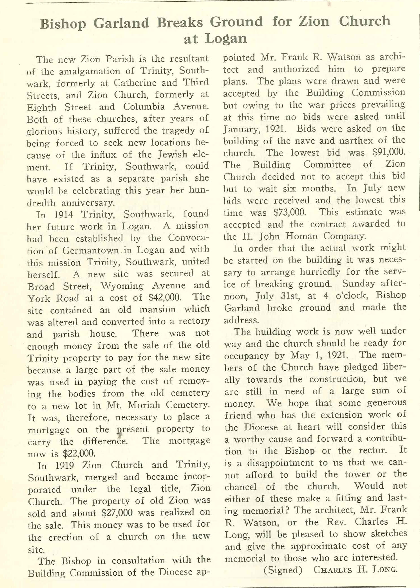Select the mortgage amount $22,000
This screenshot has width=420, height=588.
click(79, 453)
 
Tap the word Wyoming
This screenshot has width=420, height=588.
click(122, 286)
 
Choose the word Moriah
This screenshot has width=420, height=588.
click(145, 405)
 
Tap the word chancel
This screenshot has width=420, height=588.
click(240, 487)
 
